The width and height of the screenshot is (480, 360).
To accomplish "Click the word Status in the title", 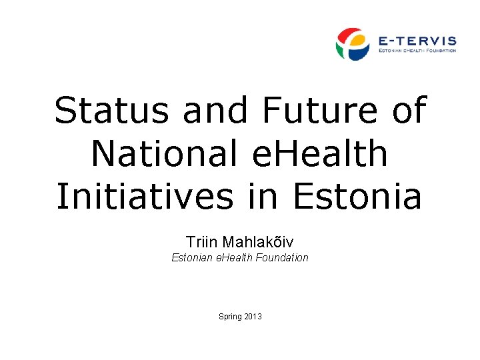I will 113,110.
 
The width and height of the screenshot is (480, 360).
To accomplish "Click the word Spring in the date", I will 230,316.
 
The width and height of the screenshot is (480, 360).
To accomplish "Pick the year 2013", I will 253,316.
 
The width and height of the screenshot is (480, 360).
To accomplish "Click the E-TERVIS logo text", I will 417,40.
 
